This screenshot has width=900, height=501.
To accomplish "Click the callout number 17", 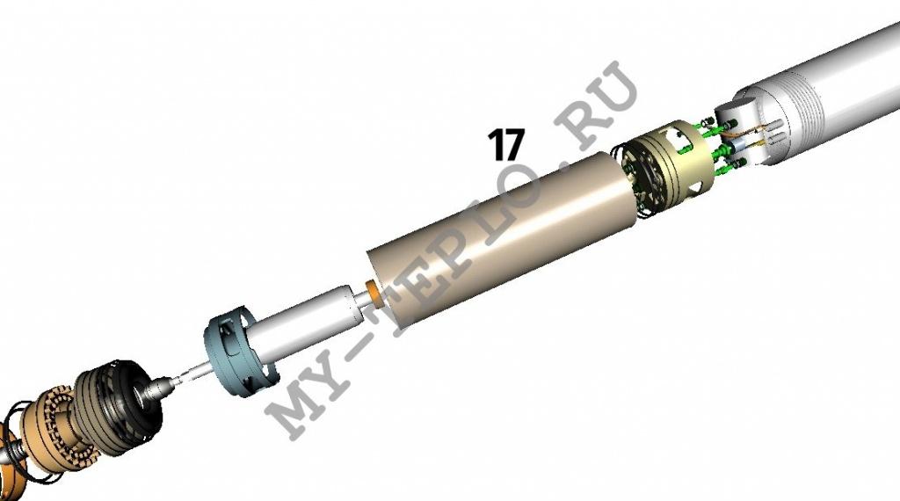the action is (x=506, y=145).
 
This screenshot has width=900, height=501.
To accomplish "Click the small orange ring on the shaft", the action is (x=374, y=292).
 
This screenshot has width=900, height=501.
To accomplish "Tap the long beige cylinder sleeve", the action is (x=504, y=241).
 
